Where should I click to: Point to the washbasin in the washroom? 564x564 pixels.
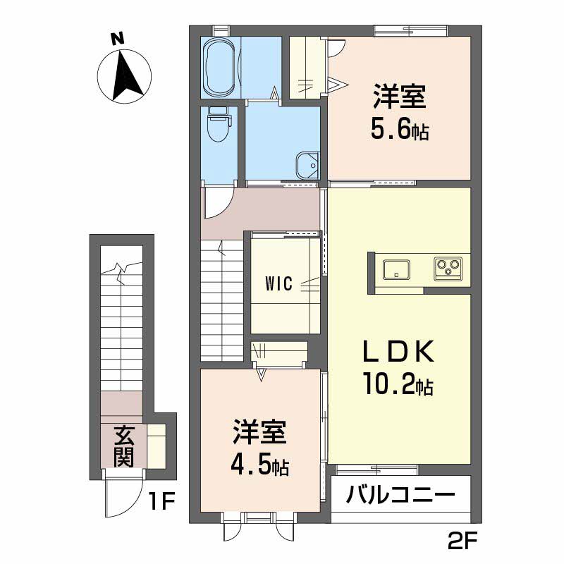coord(307,165)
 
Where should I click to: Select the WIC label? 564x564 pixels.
coord(280,283)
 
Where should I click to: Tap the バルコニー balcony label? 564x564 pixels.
coord(400,496)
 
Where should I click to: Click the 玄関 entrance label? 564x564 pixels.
coord(123,446)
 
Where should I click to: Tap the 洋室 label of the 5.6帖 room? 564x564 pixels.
coord(399,97)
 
